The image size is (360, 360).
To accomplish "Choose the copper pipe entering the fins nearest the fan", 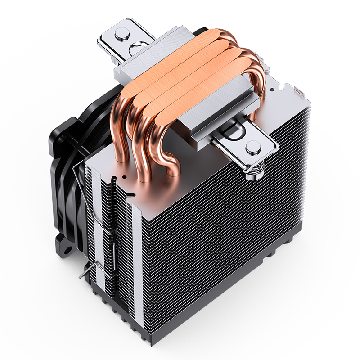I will coord(121,144).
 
